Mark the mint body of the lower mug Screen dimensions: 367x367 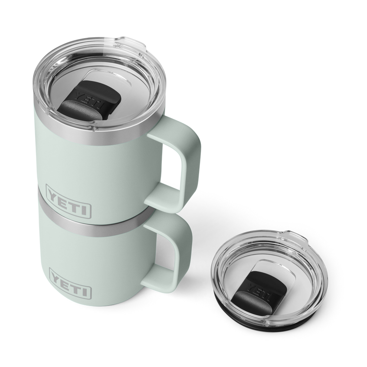[x=108, y=269]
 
